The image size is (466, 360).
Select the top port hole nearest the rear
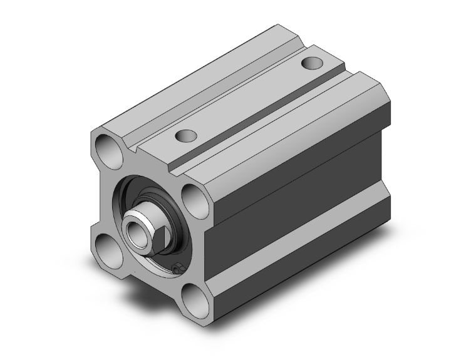coord(311,63)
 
